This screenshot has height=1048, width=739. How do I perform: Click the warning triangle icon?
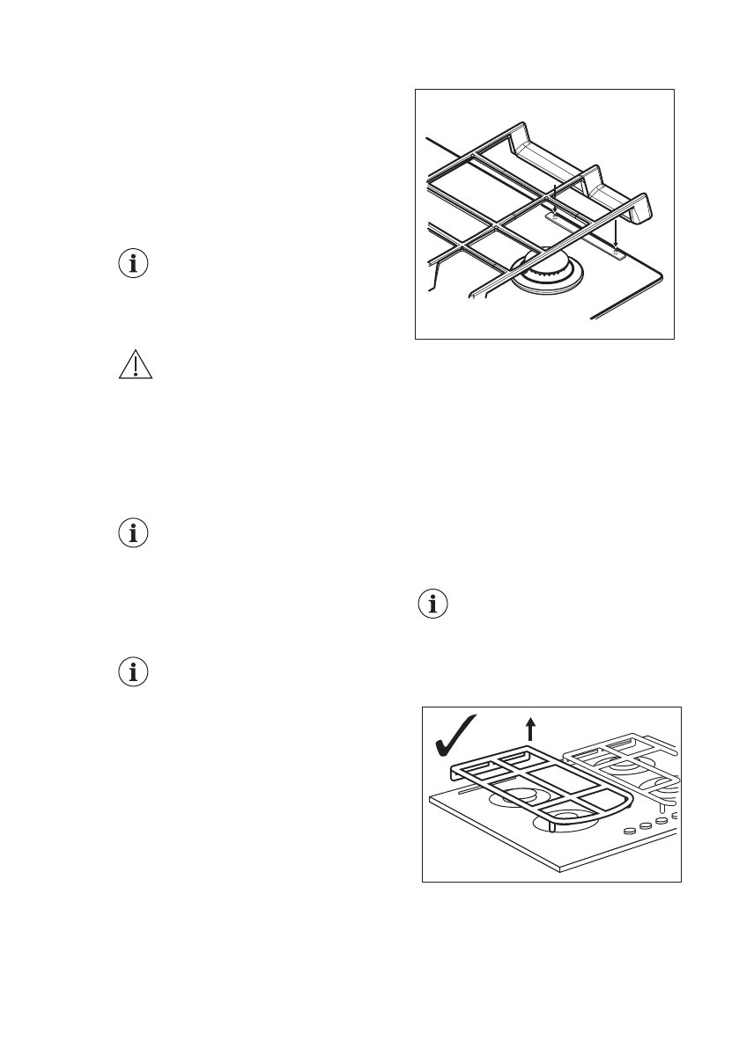(x=136, y=363)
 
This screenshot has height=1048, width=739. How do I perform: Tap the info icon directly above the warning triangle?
(x=135, y=264)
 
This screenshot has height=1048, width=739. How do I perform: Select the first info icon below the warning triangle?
(x=135, y=533)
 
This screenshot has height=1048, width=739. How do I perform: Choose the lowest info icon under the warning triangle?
(x=135, y=673)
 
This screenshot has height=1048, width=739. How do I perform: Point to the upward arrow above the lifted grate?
(x=530, y=729)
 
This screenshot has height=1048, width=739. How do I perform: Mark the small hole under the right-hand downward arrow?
(x=618, y=255)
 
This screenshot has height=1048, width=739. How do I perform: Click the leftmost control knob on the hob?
(x=631, y=831)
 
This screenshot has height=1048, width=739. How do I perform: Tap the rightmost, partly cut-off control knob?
(x=675, y=816)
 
